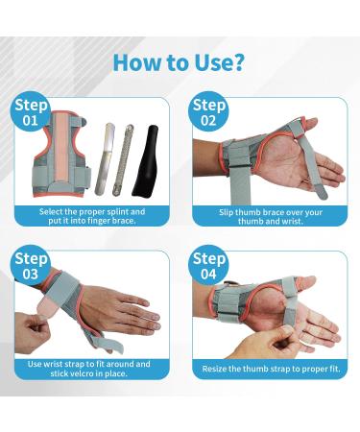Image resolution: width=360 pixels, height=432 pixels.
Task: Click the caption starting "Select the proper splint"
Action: click(94, 215)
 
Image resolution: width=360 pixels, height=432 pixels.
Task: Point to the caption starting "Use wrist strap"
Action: click(94, 369)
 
